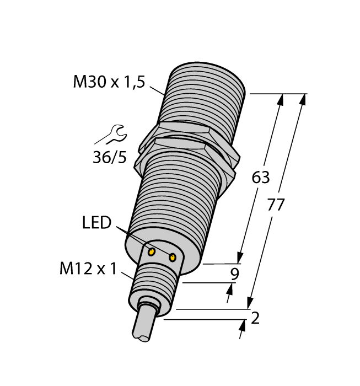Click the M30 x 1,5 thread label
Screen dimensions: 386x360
tap(109, 83)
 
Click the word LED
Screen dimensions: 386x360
tap(96, 223)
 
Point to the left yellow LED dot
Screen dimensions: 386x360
tap(151, 253)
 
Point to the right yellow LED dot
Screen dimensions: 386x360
tap(173, 257)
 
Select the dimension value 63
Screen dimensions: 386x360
tap(261, 178)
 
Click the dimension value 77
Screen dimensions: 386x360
tap(275, 205)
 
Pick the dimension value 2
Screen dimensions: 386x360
tap(255, 318)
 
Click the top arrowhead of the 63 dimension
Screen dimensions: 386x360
tap(281, 100)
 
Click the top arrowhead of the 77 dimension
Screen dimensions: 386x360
tap(302, 100)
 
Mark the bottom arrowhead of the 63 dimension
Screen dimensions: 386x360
tap(240, 258)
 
